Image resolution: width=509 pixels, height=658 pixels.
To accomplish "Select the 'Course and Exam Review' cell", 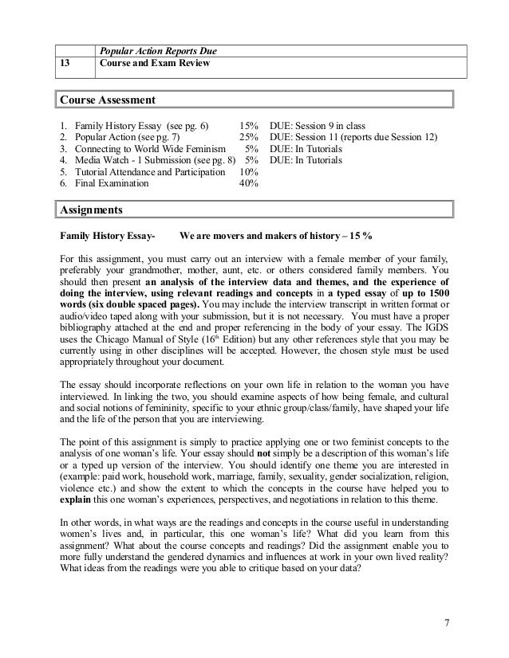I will click(x=154, y=64).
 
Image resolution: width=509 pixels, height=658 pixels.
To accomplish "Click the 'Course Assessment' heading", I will click(x=107, y=101).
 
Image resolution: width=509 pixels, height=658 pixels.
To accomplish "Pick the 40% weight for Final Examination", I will click(x=249, y=182).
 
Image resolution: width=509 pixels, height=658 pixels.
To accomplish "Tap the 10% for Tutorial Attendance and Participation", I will click(x=249, y=171).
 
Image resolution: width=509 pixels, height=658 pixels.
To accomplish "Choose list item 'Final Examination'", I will click(x=112, y=182).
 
